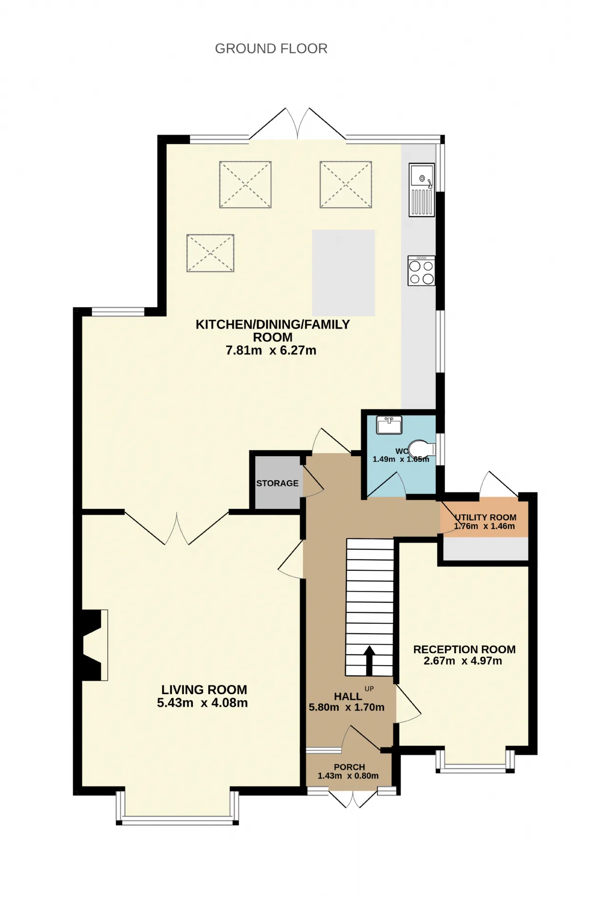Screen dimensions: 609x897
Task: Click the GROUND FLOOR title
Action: pyautogui.click(x=271, y=49)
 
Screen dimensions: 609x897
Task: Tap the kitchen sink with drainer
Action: pyautogui.click(x=422, y=190)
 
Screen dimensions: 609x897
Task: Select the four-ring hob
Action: pyautogui.click(x=422, y=271)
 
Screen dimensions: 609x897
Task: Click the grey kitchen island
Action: pyautogui.click(x=344, y=273)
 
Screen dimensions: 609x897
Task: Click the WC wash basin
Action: pyautogui.click(x=389, y=425)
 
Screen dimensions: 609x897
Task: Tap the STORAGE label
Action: pyautogui.click(x=277, y=483)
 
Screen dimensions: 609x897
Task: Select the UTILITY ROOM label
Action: pyautogui.click(x=485, y=518)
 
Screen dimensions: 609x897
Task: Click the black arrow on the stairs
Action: pyautogui.click(x=369, y=660)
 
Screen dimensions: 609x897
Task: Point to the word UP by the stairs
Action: pyautogui.click(x=369, y=689)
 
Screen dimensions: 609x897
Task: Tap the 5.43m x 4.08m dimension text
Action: pyautogui.click(x=202, y=703)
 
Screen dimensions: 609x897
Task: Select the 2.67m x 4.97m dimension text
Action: pyautogui.click(x=463, y=661)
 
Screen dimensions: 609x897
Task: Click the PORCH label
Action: pyautogui.click(x=350, y=767)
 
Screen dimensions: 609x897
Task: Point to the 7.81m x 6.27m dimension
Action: pyautogui.click(x=271, y=350)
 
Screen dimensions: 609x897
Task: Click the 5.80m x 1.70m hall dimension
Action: pyautogui.click(x=346, y=708)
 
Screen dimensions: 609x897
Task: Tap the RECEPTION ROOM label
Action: pyautogui.click(x=464, y=649)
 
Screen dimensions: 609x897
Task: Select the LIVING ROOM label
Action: pyautogui.click(x=204, y=690)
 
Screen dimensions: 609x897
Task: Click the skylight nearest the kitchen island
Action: pyautogui.click(x=346, y=185)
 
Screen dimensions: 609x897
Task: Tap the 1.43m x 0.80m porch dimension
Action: pyautogui.click(x=348, y=776)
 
